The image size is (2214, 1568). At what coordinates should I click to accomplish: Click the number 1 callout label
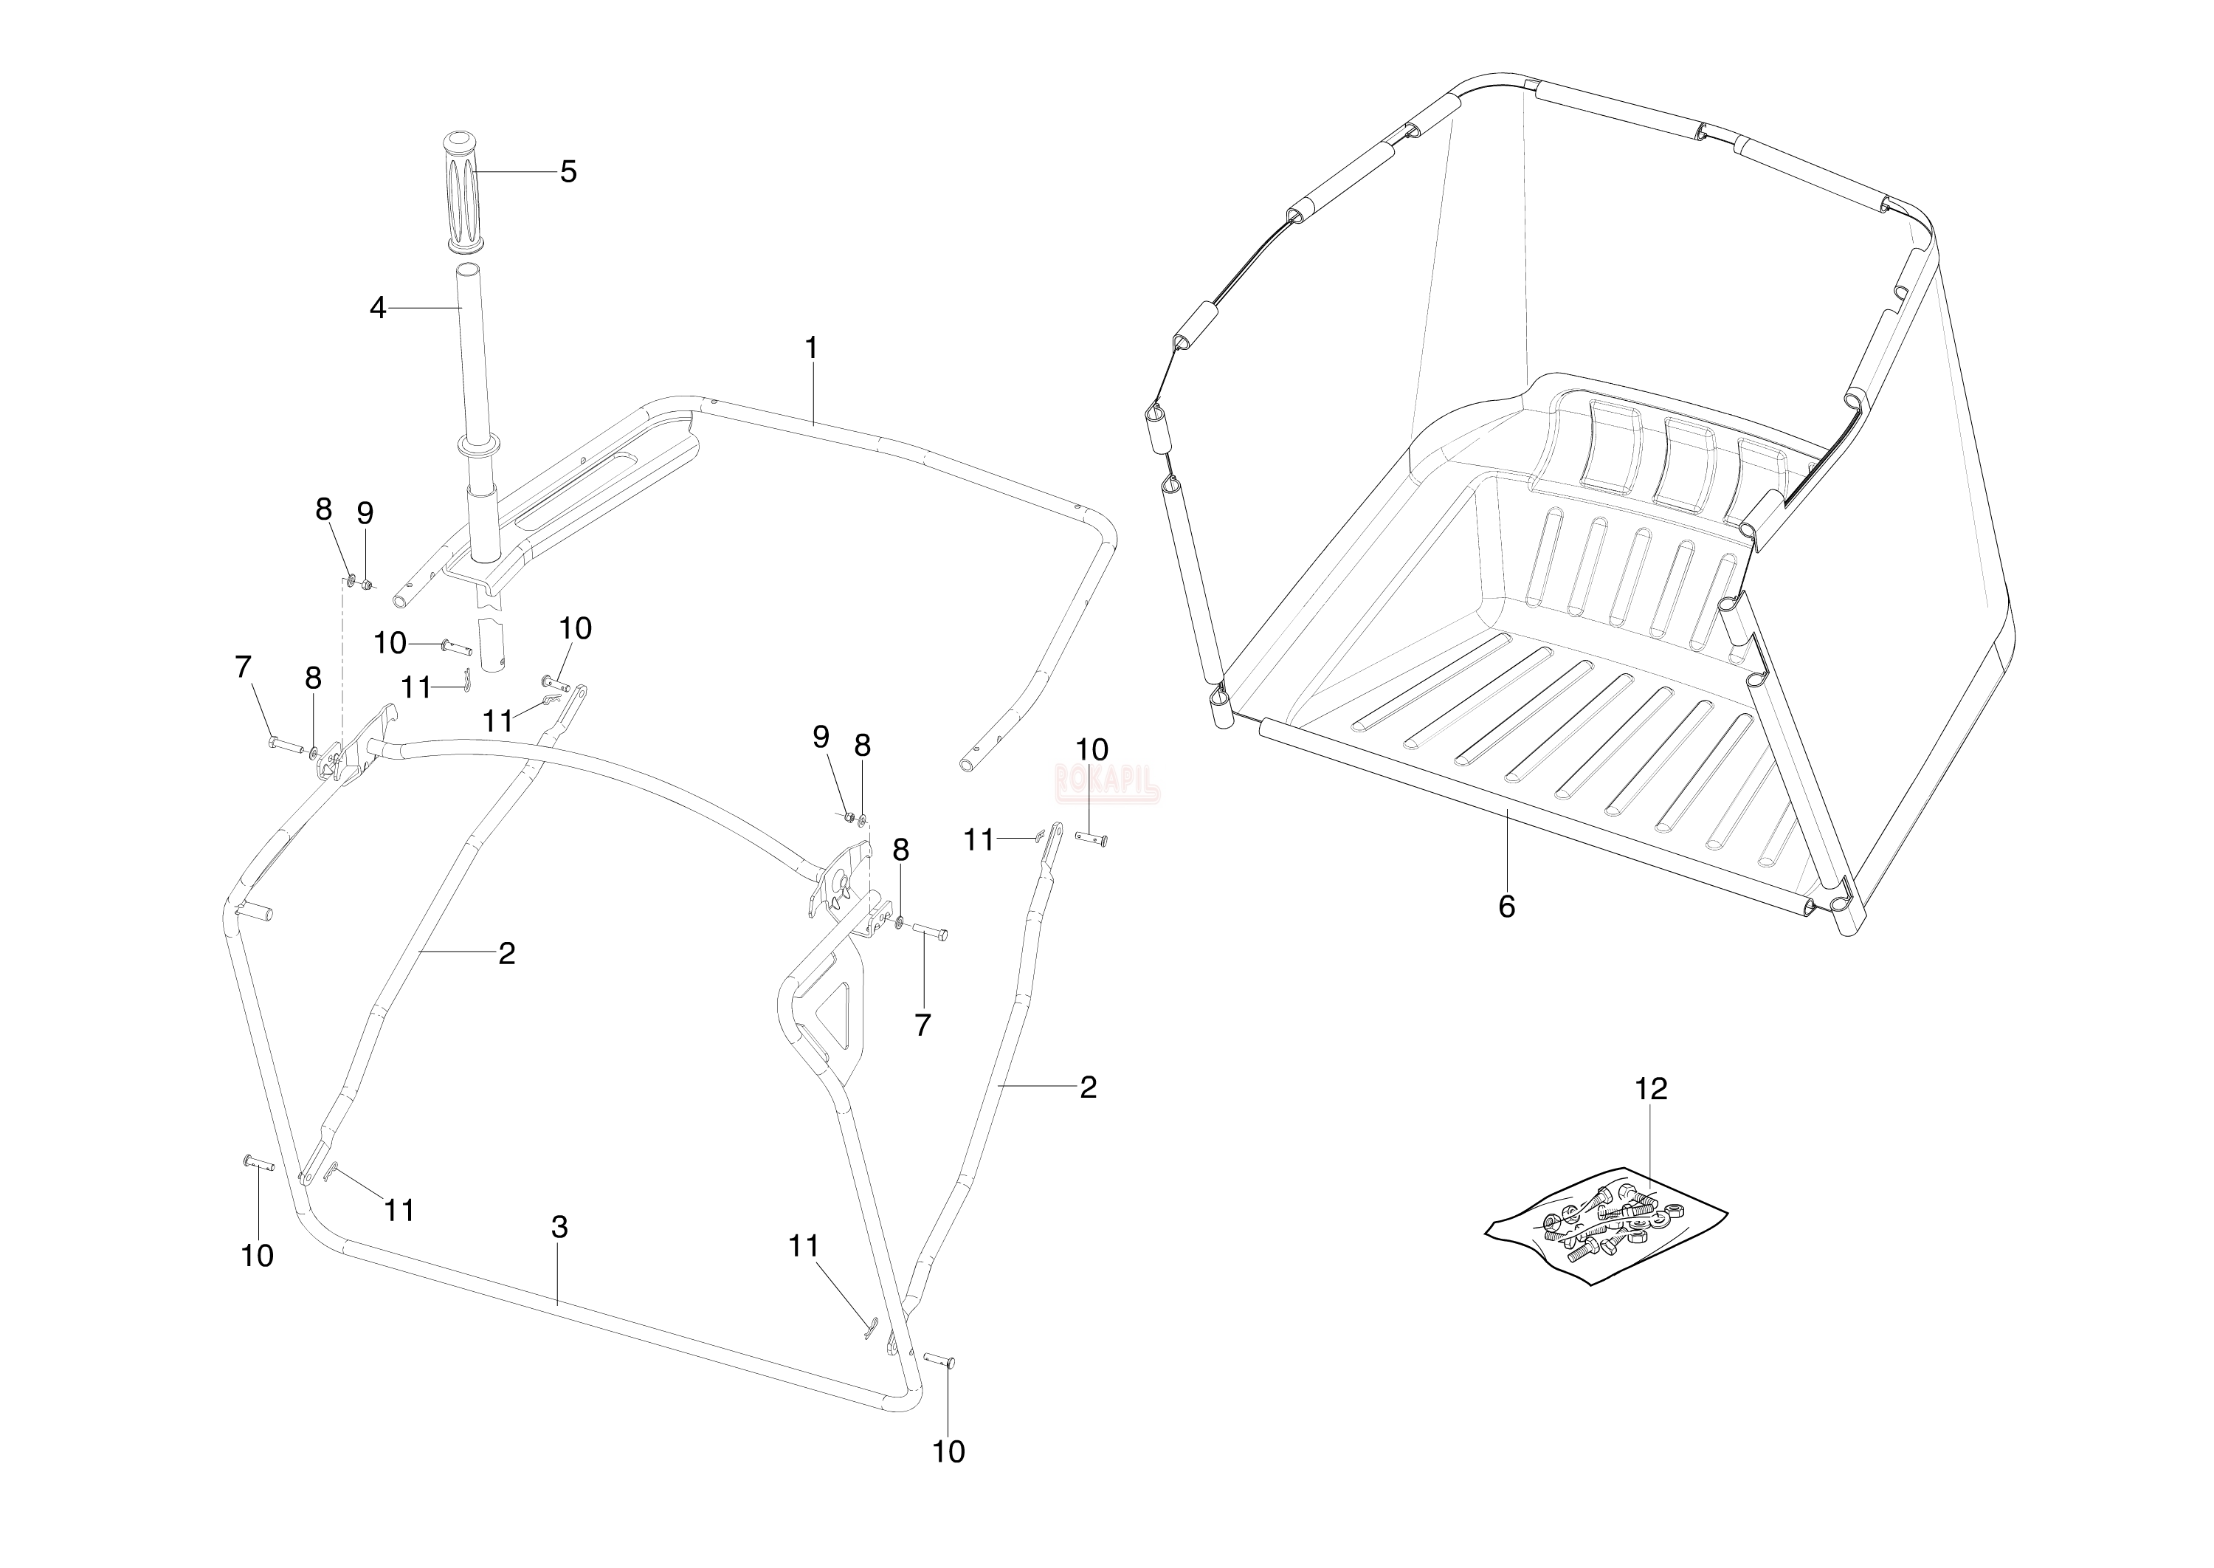[811, 348]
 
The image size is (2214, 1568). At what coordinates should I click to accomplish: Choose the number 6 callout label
[1506, 906]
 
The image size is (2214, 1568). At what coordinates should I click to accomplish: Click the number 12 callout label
[1650, 1089]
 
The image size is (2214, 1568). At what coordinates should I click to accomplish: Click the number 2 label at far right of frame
[1088, 1087]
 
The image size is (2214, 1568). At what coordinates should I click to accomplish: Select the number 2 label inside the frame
[507, 953]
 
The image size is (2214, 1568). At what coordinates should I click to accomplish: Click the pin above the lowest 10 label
[939, 1361]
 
